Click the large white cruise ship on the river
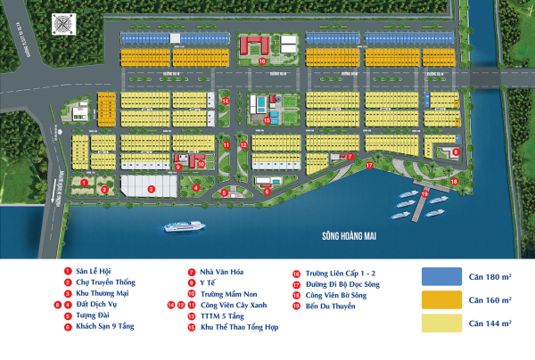click(184, 227)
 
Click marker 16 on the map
click(262, 61)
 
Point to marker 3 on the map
click(151, 188)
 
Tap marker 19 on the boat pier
click(425, 193)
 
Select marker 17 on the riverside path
click(368, 166)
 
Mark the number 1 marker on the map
click(84, 182)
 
